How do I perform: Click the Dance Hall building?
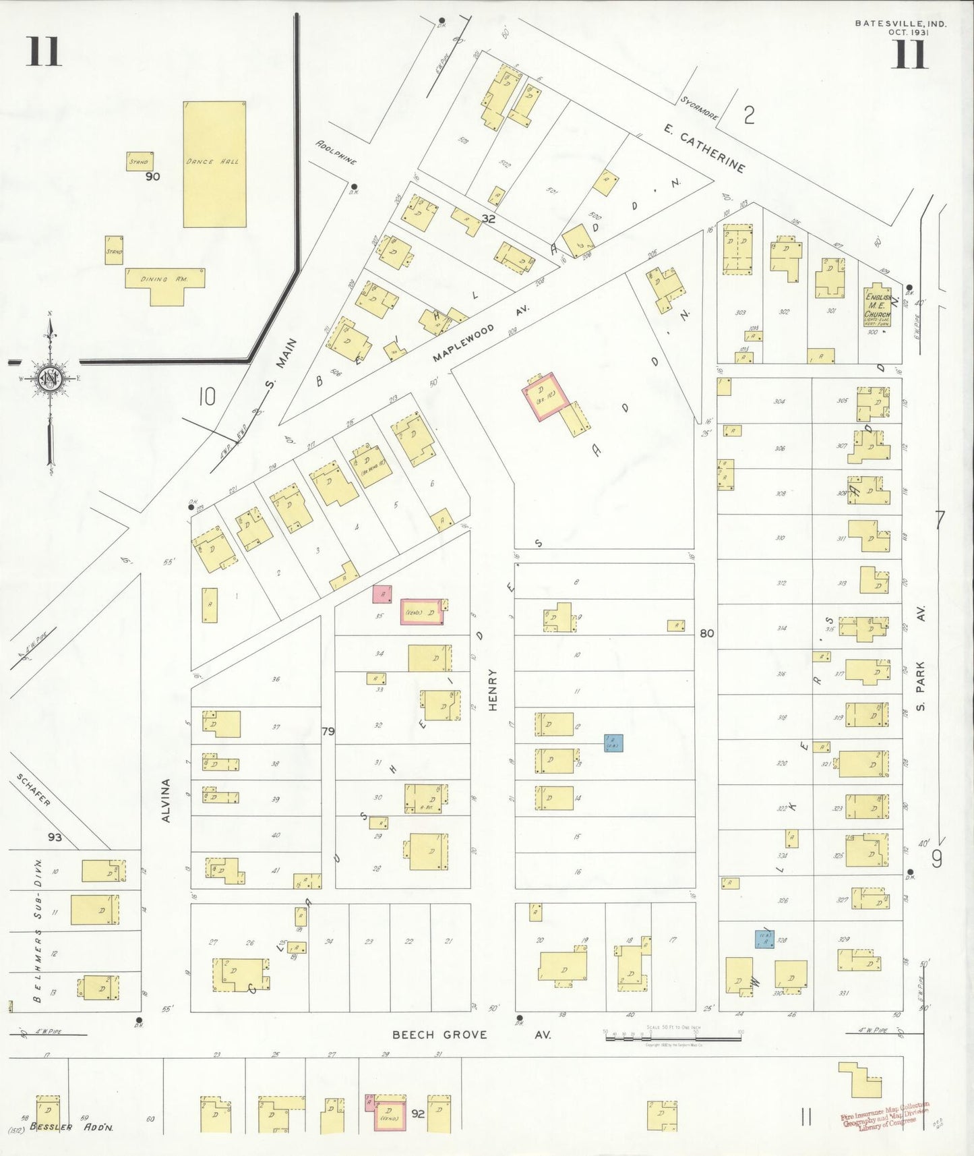click(x=214, y=164)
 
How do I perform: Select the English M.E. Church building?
click(x=878, y=308)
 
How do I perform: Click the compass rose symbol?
click(x=50, y=378)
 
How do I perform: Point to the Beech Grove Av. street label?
click(x=471, y=1035)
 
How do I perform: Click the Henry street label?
click(x=493, y=689)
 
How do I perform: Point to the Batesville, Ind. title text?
click(x=900, y=24)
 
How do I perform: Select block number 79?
click(x=328, y=731)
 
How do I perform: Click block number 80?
click(x=706, y=633)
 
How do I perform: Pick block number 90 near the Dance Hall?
click(x=152, y=177)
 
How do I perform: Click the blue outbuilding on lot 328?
click(x=764, y=940)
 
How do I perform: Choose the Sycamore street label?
click(x=698, y=108)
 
